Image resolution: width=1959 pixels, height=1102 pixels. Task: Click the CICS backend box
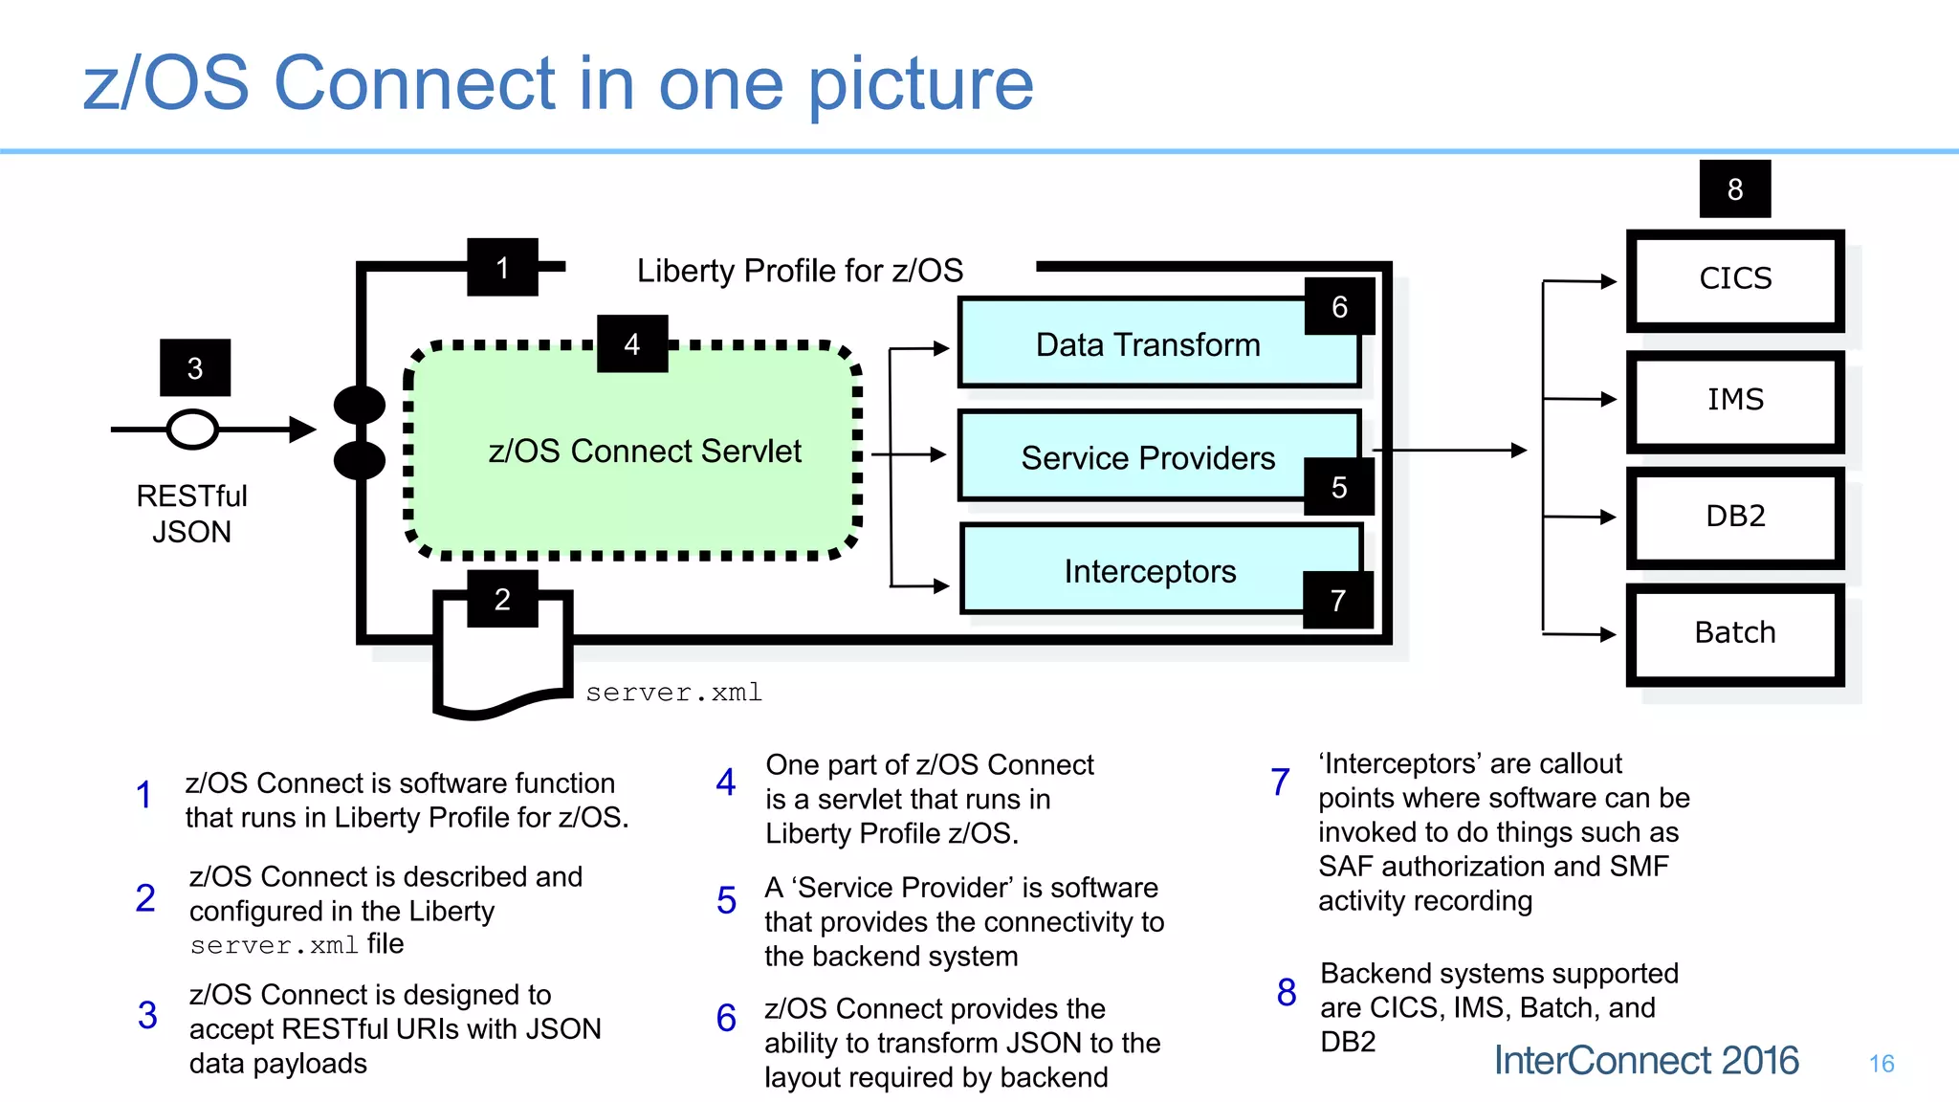click(1734, 279)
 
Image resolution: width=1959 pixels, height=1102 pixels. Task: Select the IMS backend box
click(1734, 400)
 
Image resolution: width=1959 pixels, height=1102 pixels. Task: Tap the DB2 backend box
click(1734, 517)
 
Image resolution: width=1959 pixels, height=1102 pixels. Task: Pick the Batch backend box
click(1734, 633)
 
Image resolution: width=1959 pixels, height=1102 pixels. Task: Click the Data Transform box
click(1147, 345)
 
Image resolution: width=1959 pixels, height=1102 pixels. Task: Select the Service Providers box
click(1147, 458)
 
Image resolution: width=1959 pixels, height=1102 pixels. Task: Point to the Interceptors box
click(1149, 572)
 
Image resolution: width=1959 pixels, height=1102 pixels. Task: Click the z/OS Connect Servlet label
click(644, 451)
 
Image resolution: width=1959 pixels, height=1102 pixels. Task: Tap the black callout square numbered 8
click(1734, 189)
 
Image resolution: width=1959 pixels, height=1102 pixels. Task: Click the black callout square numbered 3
click(195, 368)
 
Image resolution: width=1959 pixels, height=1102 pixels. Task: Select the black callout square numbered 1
click(502, 268)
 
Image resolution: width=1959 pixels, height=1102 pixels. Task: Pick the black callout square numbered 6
click(1339, 307)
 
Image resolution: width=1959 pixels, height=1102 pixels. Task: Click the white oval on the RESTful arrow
click(192, 430)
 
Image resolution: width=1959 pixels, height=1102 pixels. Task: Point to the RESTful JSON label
click(191, 514)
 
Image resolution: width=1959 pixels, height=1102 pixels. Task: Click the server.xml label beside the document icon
click(673, 692)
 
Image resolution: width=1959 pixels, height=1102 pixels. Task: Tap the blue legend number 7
click(1280, 782)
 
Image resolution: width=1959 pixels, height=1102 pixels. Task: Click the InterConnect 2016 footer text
click(1645, 1061)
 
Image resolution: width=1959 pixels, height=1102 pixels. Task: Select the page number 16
click(1881, 1064)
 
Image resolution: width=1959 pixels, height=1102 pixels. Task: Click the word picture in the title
click(920, 84)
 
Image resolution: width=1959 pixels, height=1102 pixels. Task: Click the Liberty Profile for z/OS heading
click(800, 271)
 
